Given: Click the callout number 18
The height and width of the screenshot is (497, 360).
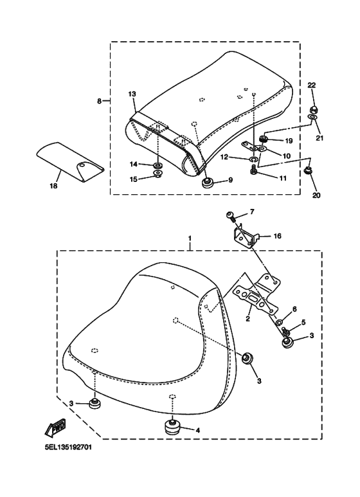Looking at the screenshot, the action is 53,186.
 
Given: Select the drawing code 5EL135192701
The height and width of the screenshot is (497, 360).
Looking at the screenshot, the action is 68,447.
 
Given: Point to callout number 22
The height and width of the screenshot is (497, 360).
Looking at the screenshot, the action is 312,85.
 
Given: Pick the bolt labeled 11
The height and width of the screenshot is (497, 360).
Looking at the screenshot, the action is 253,170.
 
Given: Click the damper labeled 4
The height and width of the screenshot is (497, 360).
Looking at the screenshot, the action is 172,428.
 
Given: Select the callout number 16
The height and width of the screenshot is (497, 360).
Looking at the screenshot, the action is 278,236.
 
